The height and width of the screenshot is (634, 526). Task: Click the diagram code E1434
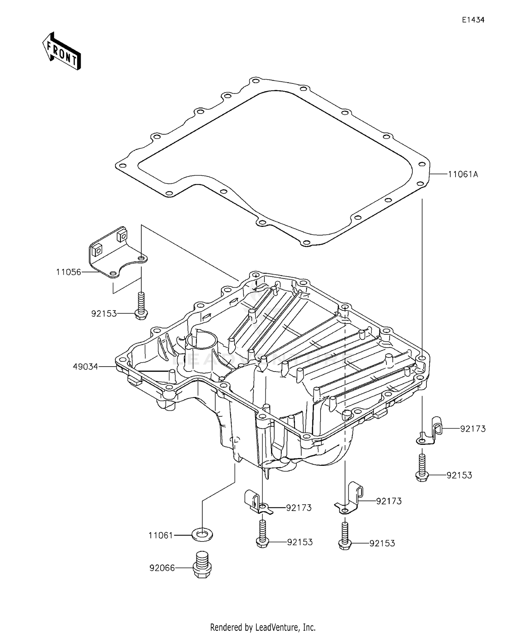[473, 20]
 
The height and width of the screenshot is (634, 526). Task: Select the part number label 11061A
[463, 174]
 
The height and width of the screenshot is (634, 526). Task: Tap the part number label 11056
[69, 272]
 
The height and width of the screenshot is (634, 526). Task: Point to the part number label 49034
[86, 367]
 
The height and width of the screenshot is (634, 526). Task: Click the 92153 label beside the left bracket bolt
[104, 314]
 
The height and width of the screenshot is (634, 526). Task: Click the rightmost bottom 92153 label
[382, 543]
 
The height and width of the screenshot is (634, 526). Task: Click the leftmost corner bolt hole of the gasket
[122, 166]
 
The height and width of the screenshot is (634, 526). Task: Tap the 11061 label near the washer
[161, 536]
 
